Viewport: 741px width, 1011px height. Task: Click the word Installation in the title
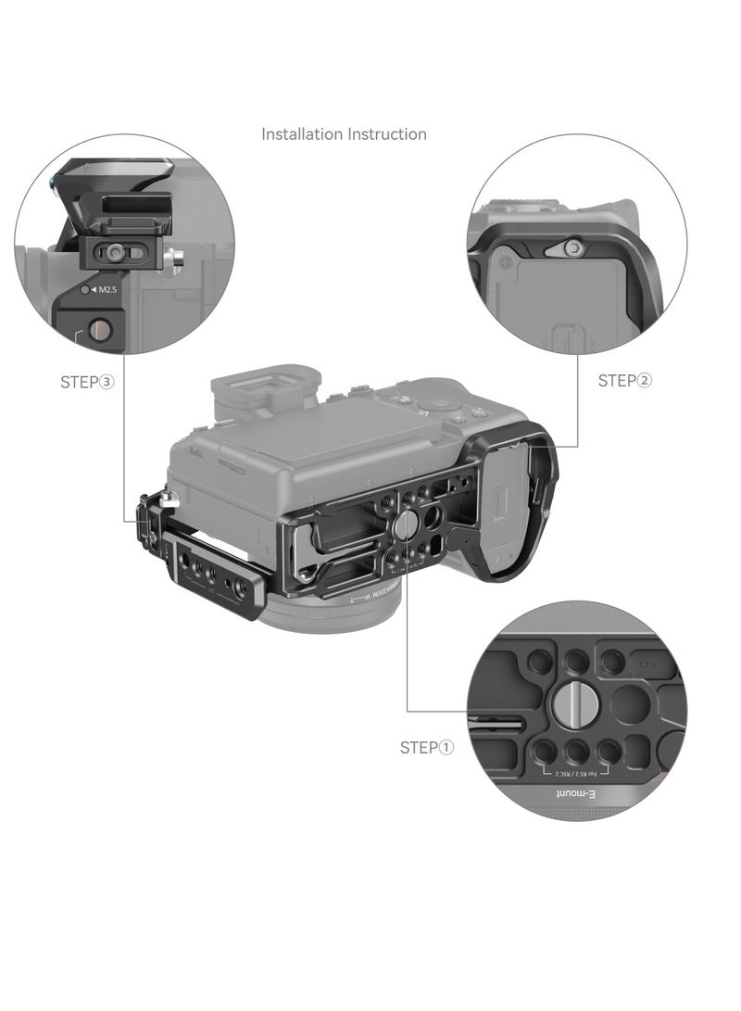(302, 134)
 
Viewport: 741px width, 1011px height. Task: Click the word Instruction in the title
(387, 134)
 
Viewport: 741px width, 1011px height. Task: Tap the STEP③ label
(86, 381)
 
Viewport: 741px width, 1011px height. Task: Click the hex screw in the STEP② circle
(574, 247)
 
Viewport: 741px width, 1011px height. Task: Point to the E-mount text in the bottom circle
(582, 795)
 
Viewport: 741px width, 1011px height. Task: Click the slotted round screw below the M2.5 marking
(98, 328)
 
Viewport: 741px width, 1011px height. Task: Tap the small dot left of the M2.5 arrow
(85, 290)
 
